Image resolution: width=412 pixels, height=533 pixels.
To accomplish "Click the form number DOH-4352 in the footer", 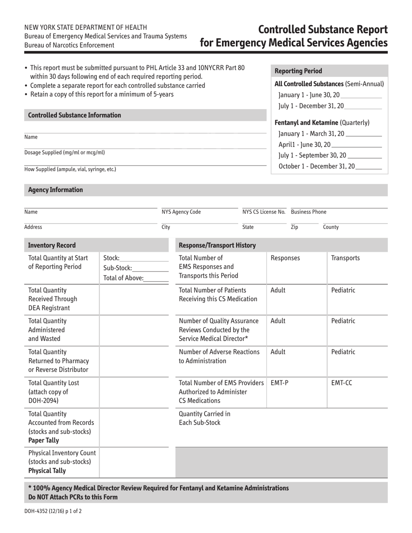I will tap(52, 511).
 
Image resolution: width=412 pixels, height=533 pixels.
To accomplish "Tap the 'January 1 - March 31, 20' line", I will tap(330, 134).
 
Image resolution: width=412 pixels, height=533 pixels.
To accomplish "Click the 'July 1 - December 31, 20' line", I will tap(330, 106).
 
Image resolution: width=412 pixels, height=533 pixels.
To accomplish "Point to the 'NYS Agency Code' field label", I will tap(181, 212).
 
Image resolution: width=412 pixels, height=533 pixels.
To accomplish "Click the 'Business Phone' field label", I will tap(309, 212).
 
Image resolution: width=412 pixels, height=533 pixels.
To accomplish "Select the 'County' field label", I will tap(331, 227).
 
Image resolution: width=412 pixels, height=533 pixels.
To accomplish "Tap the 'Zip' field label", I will tap(294, 227).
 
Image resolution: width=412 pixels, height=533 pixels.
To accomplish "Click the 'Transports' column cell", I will tap(345, 258).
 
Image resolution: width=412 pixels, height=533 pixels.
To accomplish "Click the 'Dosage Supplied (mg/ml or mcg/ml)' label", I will tap(65, 153).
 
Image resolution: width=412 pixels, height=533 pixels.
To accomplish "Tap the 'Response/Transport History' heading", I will tap(217, 246).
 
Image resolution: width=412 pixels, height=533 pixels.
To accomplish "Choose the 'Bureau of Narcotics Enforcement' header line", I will tap(69, 45).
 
